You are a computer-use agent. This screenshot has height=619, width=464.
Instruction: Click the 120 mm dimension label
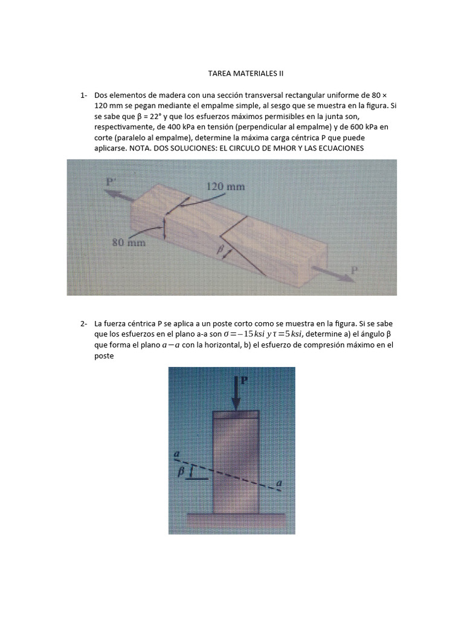click(x=226, y=187)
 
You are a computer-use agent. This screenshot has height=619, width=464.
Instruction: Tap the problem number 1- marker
click(x=83, y=96)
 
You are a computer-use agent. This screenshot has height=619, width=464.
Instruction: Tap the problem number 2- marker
click(x=83, y=324)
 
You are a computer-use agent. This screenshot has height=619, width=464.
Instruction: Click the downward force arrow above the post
click(x=236, y=393)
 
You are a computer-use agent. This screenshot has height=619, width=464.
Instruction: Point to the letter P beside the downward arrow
click(x=245, y=380)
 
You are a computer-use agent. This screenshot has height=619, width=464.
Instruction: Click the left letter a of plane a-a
click(x=176, y=453)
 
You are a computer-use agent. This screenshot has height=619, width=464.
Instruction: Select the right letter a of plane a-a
click(x=279, y=482)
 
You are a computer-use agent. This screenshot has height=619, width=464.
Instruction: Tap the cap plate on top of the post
click(x=236, y=415)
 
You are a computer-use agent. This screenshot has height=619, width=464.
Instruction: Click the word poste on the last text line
click(x=104, y=357)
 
